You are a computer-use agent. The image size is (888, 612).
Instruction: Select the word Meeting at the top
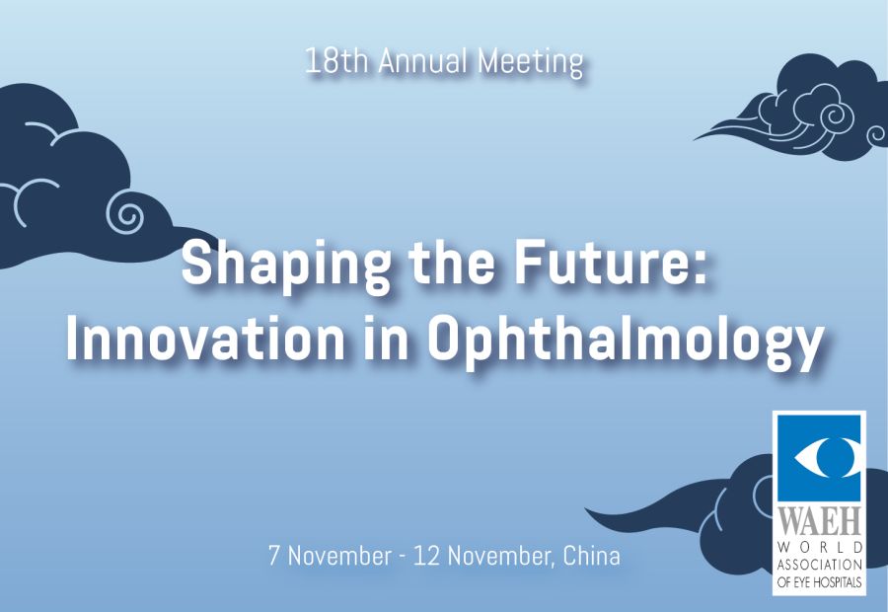(530, 62)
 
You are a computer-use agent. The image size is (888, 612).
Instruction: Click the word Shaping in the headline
(286, 266)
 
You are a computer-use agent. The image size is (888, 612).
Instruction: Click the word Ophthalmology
(626, 343)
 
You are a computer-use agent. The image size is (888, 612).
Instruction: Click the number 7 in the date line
(274, 556)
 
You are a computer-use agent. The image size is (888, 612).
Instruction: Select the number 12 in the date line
(427, 556)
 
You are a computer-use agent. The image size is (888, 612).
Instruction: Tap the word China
(592, 556)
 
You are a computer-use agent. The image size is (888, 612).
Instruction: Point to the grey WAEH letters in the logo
(819, 520)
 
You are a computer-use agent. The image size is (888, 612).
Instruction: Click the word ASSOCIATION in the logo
(820, 565)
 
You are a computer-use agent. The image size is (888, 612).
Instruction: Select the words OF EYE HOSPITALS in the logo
(820, 582)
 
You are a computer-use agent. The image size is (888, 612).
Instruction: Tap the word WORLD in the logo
(820, 548)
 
